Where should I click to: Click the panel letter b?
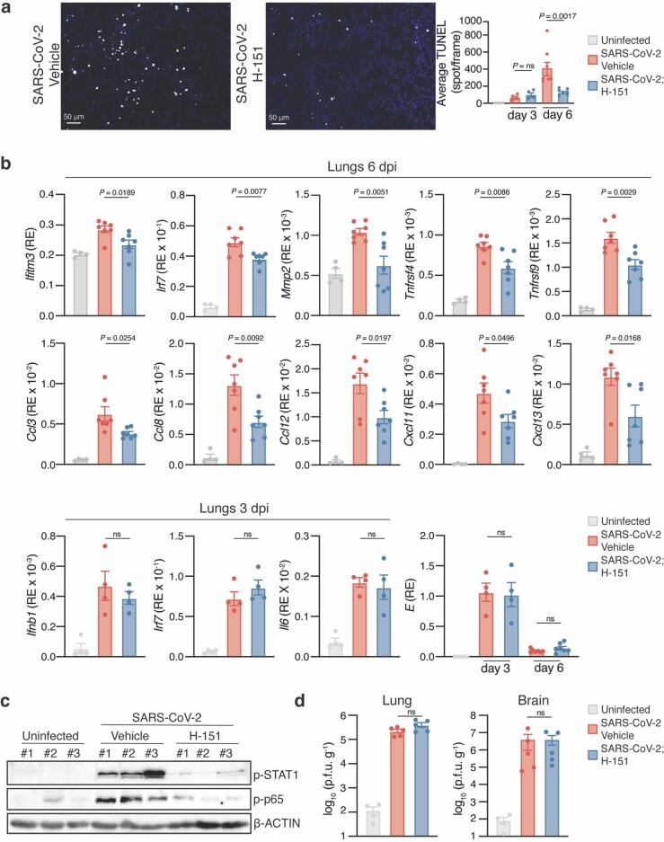pyautogui.click(x=7, y=167)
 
